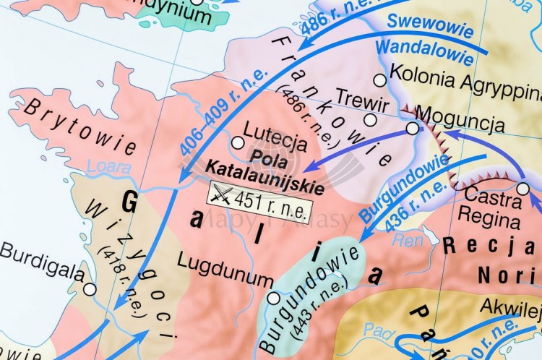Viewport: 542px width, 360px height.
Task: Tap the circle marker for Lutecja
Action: coord(237,142)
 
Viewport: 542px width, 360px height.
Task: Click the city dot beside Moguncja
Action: coord(412,128)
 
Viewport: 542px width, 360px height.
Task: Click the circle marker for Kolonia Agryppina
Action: coord(379,80)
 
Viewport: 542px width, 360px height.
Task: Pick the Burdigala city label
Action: coord(41,254)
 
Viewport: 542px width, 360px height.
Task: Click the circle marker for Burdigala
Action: coord(90,289)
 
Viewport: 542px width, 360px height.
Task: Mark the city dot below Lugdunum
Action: coord(273,298)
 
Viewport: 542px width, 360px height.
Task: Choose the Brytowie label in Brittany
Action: coord(79,127)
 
